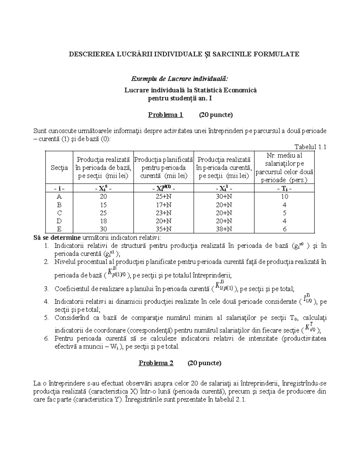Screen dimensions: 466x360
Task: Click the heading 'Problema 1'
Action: click(165, 115)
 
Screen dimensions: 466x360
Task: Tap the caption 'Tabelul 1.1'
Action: click(310, 147)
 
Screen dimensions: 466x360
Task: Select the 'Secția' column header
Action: click(59, 167)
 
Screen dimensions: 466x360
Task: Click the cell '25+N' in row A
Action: click(164, 197)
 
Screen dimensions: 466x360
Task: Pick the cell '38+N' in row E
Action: click(224, 229)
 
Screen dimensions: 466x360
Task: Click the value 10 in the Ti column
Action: click(284, 197)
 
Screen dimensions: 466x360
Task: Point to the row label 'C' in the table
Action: click(59, 213)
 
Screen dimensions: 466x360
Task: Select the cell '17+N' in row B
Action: click(164, 205)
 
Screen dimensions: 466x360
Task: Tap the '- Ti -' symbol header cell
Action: click(284, 188)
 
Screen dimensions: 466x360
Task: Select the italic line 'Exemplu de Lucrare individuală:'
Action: click(180, 79)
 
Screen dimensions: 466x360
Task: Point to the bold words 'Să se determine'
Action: click(57, 238)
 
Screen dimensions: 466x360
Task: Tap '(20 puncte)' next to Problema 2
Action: click(204, 363)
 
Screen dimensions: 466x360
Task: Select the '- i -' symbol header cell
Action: click(59, 188)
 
